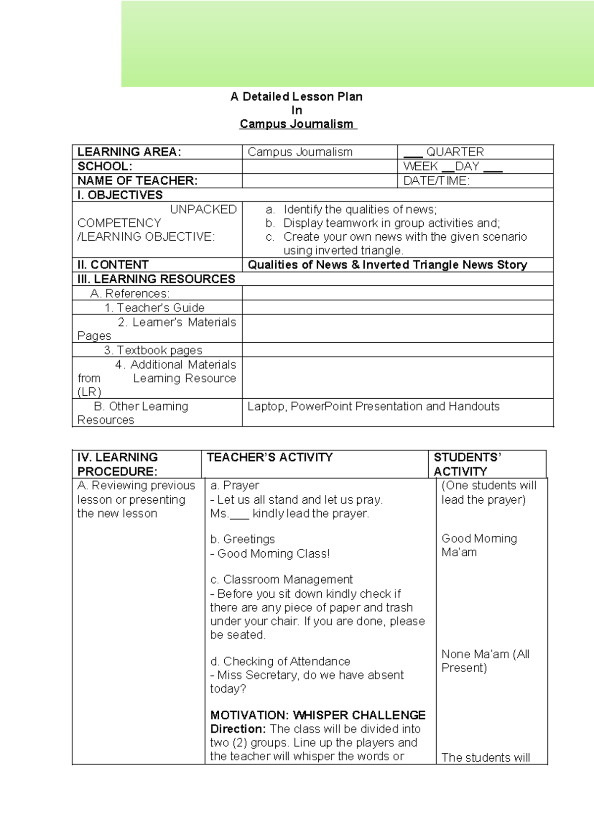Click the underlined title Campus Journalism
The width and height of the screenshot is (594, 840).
click(297, 124)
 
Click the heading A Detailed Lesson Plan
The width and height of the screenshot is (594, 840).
click(297, 97)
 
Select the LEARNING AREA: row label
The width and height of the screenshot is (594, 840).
click(129, 152)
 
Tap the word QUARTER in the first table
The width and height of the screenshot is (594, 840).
click(455, 152)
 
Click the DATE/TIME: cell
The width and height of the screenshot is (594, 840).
click(436, 181)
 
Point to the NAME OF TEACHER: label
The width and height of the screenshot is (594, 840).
click(138, 181)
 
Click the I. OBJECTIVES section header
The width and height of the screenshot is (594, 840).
click(120, 195)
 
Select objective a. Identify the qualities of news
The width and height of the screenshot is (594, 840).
click(360, 210)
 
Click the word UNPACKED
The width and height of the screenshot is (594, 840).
click(203, 210)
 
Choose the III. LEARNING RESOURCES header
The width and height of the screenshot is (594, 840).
click(156, 279)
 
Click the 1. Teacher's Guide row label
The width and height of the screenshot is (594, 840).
click(154, 308)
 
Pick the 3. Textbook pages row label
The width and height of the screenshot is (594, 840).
click(153, 350)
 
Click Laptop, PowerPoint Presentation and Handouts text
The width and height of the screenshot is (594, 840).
click(373, 407)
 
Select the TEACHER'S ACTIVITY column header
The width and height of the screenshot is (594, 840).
click(270, 457)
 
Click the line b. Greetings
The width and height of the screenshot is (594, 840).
click(243, 539)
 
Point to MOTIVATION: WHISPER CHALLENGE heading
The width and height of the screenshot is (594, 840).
click(318, 715)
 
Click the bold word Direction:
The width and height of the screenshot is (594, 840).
click(238, 729)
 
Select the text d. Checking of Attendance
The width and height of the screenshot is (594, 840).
click(280, 661)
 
